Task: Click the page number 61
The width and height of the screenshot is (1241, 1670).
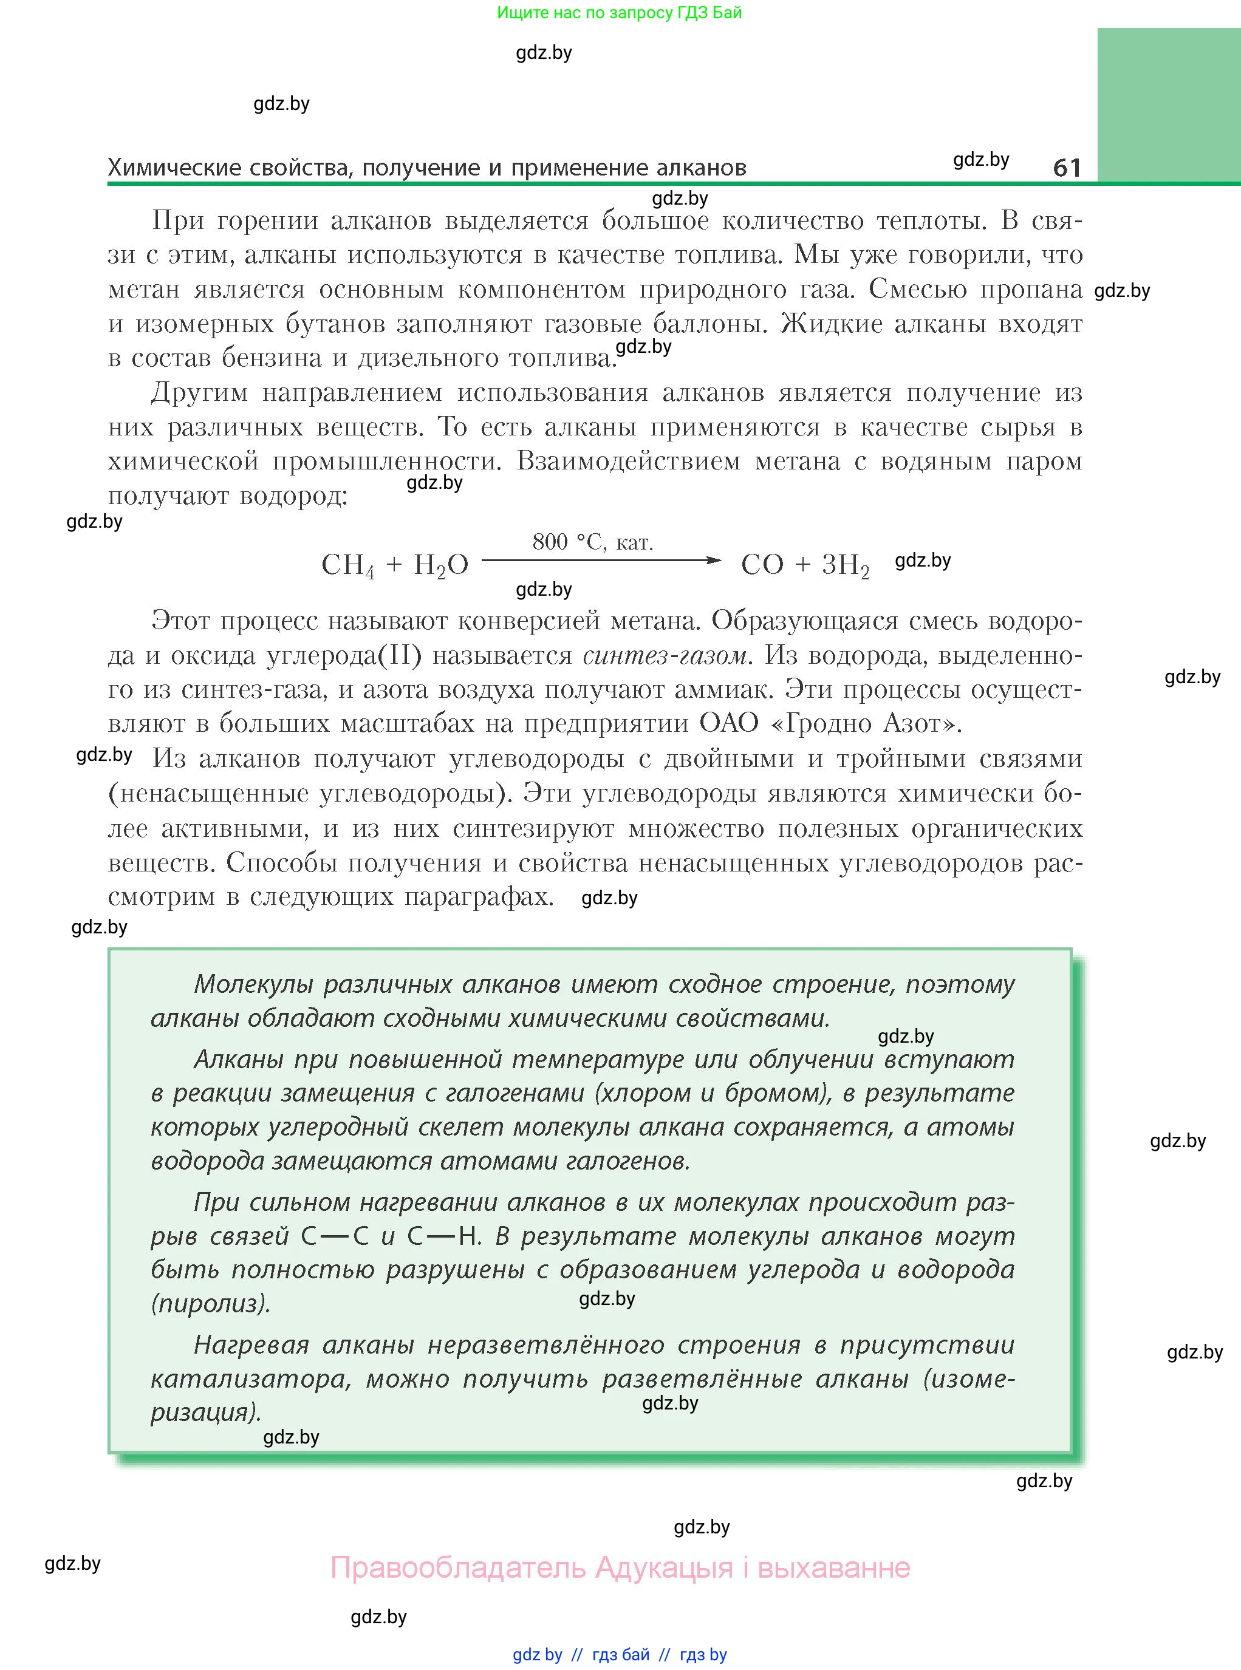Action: point(1067,167)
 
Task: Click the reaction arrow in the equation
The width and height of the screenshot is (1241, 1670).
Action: point(601,560)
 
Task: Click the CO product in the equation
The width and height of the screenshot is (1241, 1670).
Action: point(762,565)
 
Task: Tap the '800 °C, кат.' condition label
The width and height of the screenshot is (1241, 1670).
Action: point(593,542)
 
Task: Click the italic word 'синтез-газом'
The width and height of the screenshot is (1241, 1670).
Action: point(666,655)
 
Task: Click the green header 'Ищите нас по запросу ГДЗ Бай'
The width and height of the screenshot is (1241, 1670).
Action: point(619,13)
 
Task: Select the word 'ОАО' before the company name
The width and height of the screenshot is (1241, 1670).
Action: point(730,723)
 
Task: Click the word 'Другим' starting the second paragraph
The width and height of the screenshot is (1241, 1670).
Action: point(199,393)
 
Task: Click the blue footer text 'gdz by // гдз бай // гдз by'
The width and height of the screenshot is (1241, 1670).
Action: point(620,1654)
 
